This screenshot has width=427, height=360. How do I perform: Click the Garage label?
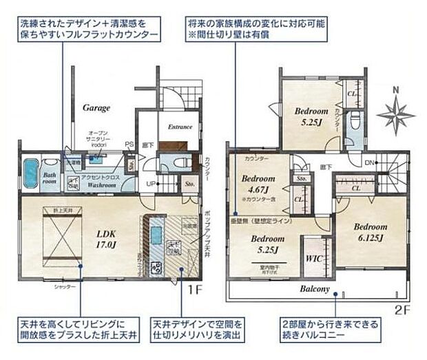(x=98, y=108)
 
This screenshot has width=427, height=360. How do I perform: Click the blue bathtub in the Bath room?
(x=30, y=174)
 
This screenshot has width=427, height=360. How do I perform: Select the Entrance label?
(x=180, y=127)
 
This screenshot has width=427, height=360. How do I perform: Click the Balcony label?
(x=314, y=289)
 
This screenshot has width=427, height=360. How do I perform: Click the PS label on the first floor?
(x=129, y=145)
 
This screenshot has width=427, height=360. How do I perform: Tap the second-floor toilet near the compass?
(x=355, y=123)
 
